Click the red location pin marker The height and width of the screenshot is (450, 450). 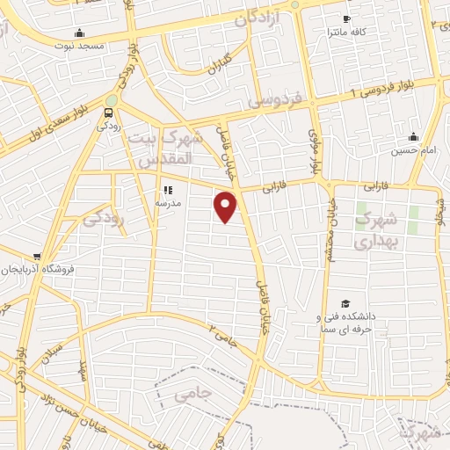tap(226, 207)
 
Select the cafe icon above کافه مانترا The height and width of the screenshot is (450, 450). tap(347, 19)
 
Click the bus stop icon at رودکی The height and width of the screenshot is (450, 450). tap(108, 112)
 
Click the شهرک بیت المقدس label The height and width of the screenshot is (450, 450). tap(166, 150)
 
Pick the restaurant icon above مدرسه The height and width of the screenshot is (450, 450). tap(167, 190)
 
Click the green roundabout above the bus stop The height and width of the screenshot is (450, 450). tap(111, 99)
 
